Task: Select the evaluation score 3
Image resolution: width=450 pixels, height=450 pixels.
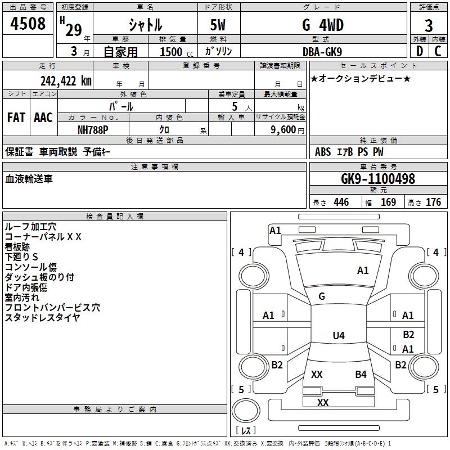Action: [429, 26]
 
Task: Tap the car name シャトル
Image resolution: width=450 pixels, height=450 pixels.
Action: [145, 25]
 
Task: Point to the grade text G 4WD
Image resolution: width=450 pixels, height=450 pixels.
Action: [323, 25]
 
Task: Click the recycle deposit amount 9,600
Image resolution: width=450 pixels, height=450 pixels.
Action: [283, 129]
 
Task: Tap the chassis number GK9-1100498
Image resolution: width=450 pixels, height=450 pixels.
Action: [378, 179]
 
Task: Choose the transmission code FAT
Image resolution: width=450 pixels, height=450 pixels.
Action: [16, 118]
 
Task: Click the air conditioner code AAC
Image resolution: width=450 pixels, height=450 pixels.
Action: [43, 118]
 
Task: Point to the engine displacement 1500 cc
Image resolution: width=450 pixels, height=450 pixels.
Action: [175, 52]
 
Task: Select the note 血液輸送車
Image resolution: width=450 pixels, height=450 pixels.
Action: [29, 179]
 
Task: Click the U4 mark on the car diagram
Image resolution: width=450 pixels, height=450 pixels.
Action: [338, 336]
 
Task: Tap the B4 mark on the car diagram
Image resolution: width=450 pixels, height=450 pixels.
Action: [361, 374]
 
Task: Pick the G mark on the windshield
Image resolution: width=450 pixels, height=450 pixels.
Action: [322, 296]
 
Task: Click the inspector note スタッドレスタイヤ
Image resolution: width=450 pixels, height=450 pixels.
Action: [42, 318]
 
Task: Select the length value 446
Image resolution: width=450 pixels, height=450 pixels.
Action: [341, 202]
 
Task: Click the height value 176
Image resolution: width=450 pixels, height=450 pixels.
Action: [433, 202]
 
